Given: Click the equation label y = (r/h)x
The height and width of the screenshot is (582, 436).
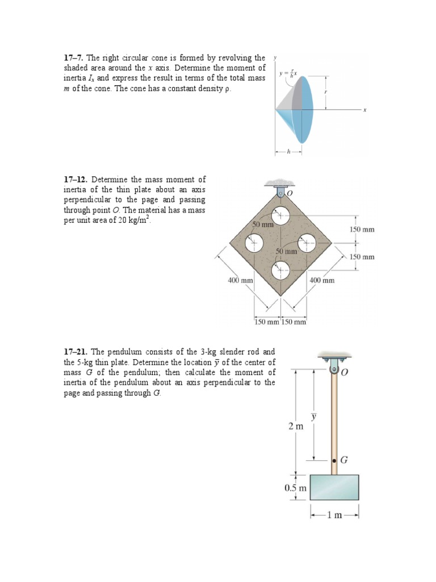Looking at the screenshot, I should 288,74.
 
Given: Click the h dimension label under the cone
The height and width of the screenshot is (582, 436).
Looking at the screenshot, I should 288,152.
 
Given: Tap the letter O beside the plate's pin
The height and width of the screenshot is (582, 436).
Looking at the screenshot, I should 290,194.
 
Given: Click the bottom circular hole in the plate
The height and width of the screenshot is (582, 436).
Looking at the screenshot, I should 280,271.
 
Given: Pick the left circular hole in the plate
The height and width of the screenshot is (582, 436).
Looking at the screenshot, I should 253,243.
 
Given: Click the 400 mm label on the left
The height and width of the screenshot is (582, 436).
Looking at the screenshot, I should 240,280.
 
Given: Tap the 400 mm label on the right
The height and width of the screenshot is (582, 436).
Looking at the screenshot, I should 322,280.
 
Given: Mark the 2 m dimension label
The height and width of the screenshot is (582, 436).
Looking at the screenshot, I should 296,426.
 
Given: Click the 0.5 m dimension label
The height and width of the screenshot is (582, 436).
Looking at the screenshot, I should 295,488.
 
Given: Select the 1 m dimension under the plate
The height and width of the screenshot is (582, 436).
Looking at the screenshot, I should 335,515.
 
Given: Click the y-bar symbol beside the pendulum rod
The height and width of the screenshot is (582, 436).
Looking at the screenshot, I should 313,417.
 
